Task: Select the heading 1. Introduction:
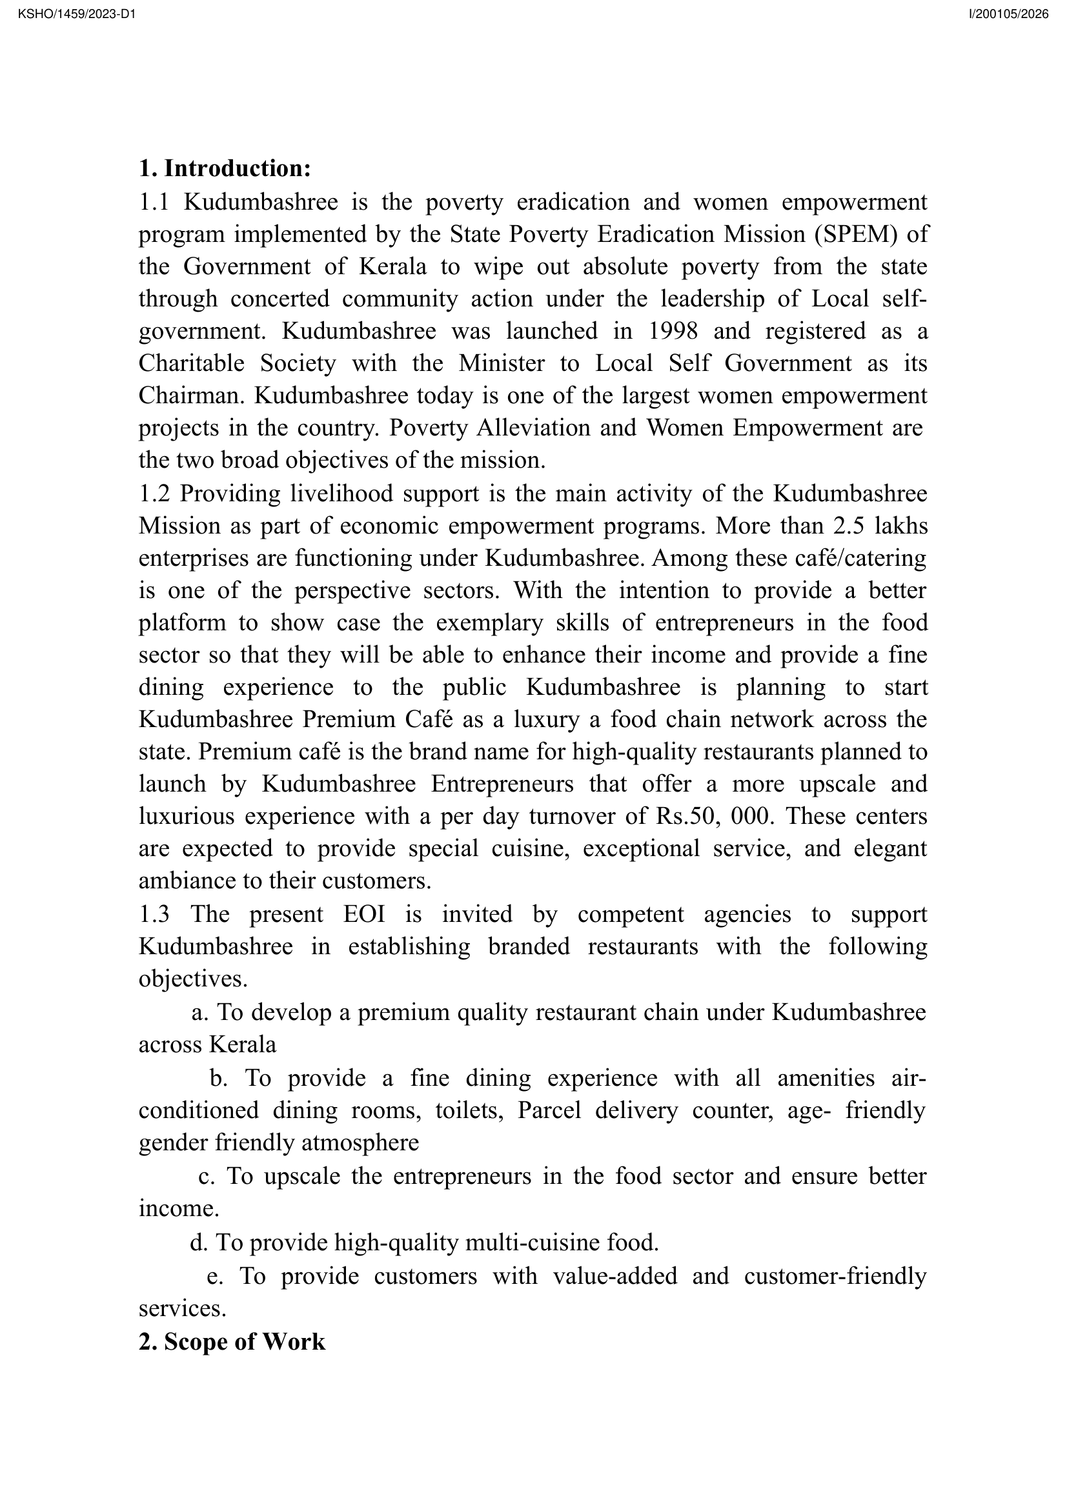coord(224,168)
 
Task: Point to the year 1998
coord(673,330)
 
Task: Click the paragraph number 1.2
coord(154,493)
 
